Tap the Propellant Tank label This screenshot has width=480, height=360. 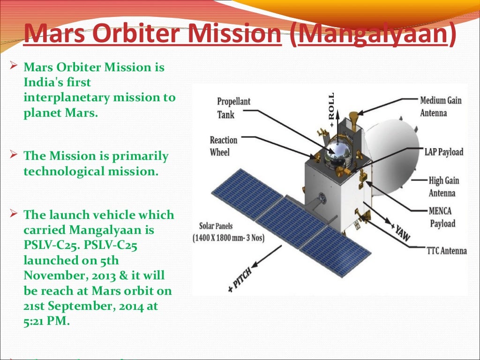pyautogui.click(x=233, y=108)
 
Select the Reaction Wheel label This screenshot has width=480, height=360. pyautogui.click(x=224, y=146)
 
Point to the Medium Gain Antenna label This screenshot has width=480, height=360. pyautogui.click(x=440, y=106)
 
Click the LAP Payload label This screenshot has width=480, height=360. pyautogui.click(x=443, y=151)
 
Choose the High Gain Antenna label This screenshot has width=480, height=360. pyautogui.click(x=443, y=187)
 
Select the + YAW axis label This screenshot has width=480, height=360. pyautogui.click(x=400, y=229)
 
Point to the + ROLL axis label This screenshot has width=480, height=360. pyautogui.click(x=332, y=111)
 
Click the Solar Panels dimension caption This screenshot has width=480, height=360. pyautogui.click(x=228, y=232)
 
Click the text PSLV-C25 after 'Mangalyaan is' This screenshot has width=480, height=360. pyautogui.click(x=47, y=246)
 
